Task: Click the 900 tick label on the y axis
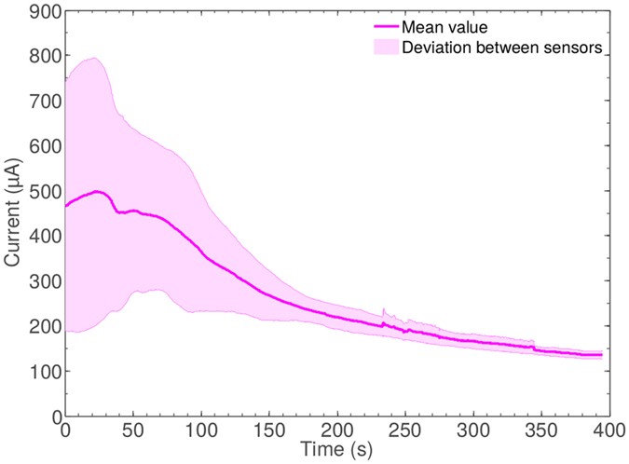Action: click(41, 12)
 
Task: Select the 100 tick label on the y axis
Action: click(41, 372)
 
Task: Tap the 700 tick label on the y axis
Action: click(41, 102)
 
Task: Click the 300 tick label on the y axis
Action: click(41, 282)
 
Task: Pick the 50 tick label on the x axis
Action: click(133, 430)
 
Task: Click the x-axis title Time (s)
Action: click(336, 450)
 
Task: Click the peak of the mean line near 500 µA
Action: click(96, 191)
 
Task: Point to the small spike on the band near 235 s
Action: click(384, 310)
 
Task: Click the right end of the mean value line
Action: click(601, 355)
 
